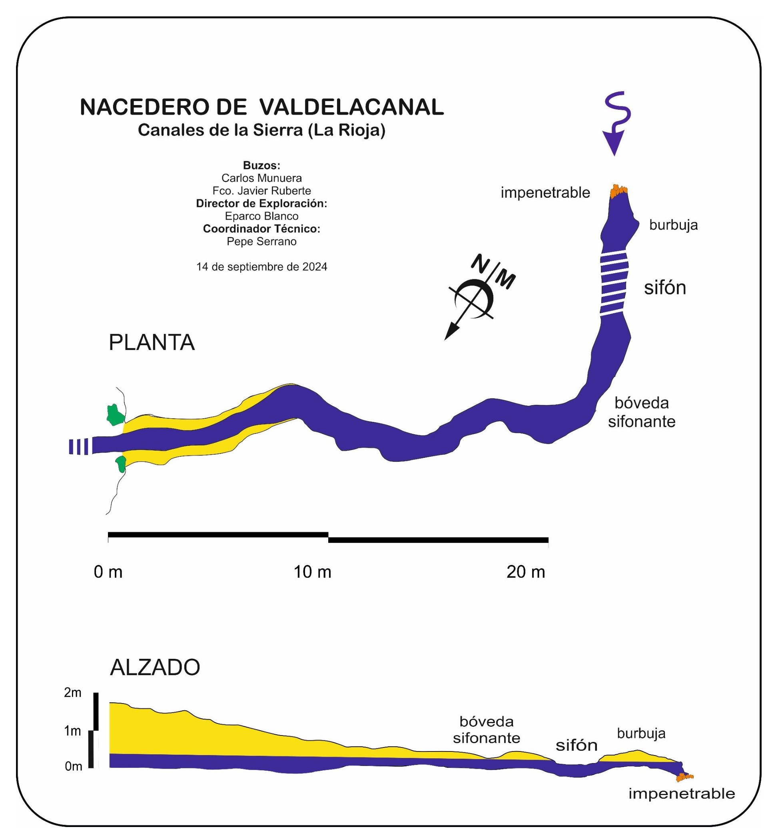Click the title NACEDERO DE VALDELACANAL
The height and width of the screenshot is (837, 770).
262,107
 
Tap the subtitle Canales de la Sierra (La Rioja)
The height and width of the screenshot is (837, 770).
262,130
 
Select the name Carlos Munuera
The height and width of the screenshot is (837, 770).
262,178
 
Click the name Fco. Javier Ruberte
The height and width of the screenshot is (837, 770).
262,191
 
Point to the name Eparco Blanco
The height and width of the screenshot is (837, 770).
262,216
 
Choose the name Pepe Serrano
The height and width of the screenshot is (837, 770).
262,242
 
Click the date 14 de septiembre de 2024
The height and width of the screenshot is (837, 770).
262,267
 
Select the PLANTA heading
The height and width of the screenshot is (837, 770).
152,343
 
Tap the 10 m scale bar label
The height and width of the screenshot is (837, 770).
313,572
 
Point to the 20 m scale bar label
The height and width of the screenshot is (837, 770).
526,572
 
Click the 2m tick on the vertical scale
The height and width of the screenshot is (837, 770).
72,693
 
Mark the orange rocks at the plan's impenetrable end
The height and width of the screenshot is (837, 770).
618,191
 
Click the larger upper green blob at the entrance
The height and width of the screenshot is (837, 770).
115,415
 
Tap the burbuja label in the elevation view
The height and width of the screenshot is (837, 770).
641,733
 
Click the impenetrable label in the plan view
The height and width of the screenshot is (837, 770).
545,193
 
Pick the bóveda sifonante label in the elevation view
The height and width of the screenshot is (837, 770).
487,730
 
